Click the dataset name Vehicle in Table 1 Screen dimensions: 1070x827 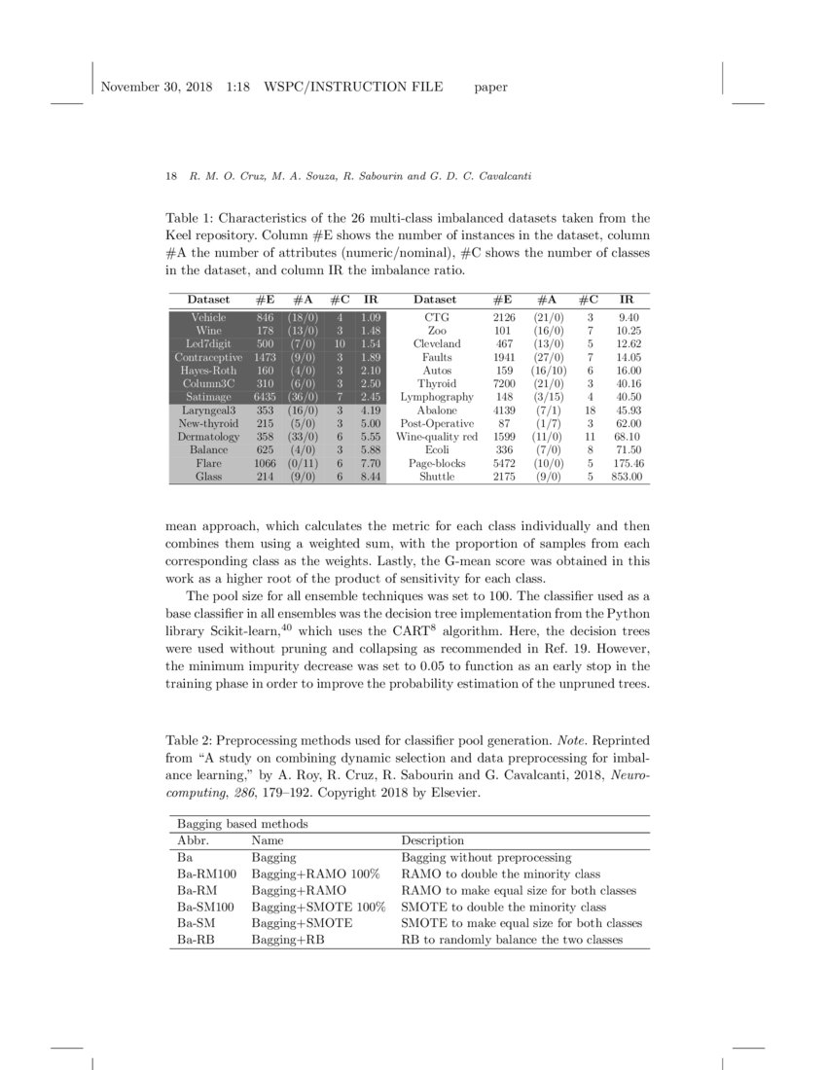pyautogui.click(x=208, y=317)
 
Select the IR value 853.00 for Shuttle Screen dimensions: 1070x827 pyautogui.click(x=628, y=477)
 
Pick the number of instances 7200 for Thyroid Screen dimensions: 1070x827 pyautogui.click(x=503, y=383)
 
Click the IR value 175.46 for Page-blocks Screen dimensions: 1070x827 pyautogui.click(x=628, y=464)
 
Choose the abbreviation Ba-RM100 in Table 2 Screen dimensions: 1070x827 pyautogui.click(x=200, y=874)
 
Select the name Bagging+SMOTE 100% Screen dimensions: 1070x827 pyautogui.click(x=318, y=907)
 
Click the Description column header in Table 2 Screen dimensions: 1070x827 pyautogui.click(x=432, y=840)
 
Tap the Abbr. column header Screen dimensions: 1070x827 pyautogui.click(x=193, y=840)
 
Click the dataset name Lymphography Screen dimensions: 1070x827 pyautogui.click(x=436, y=397)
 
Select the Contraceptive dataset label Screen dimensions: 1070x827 pyautogui.click(x=208, y=357)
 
